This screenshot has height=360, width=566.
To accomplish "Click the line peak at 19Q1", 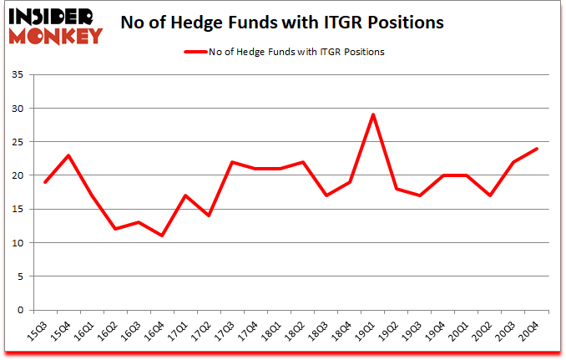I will (373, 114).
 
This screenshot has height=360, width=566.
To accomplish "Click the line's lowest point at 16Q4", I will (163, 236).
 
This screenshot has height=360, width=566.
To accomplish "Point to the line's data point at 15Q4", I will (69, 155).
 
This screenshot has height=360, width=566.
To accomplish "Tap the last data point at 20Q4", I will (536, 149).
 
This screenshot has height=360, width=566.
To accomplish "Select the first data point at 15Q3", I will (46, 182).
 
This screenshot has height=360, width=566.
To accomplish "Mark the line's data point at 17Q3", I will (233, 162).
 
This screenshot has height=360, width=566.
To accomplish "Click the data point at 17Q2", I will (210, 215).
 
